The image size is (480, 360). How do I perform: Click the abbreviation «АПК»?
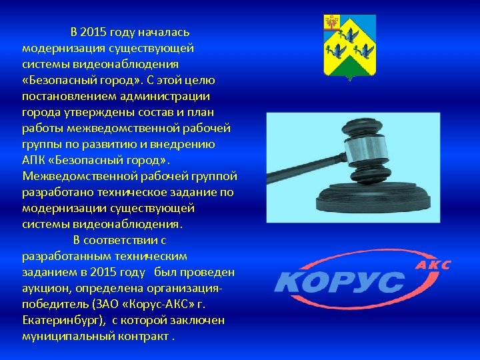(33, 160)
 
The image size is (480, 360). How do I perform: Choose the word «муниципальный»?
(64, 336)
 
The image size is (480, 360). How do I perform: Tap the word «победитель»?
(52, 304)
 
